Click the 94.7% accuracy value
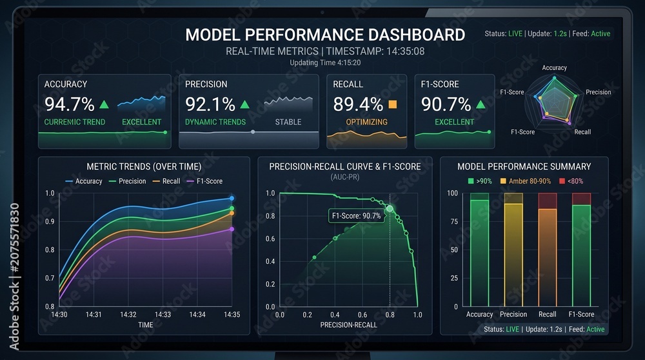pyautogui.click(x=70, y=105)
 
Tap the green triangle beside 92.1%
pyautogui.click(x=244, y=105)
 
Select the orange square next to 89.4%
pyautogui.click(x=393, y=104)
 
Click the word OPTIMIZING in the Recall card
pyautogui.click(x=366, y=122)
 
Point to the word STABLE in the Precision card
pyautogui.click(x=288, y=122)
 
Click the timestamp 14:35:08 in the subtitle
pyautogui.click(x=404, y=52)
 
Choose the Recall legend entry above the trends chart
pyautogui.click(x=166, y=181)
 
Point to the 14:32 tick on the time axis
pyautogui.click(x=128, y=315)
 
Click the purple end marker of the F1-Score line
pyautogui.click(x=232, y=229)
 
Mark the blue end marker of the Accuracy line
pyautogui.click(x=232, y=198)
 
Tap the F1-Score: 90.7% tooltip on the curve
pyautogui.click(x=356, y=216)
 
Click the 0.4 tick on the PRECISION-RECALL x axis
pyautogui.click(x=335, y=315)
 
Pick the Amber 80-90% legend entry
pyautogui.click(x=525, y=181)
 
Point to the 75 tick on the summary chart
pyautogui.click(x=454, y=221)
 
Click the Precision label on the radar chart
pyautogui.click(x=598, y=92)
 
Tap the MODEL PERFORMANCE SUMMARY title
pyautogui.click(x=524, y=166)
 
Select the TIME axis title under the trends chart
pyautogui.click(x=145, y=325)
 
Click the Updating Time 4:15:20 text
pyautogui.click(x=325, y=63)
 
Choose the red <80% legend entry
pyautogui.click(x=571, y=181)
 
